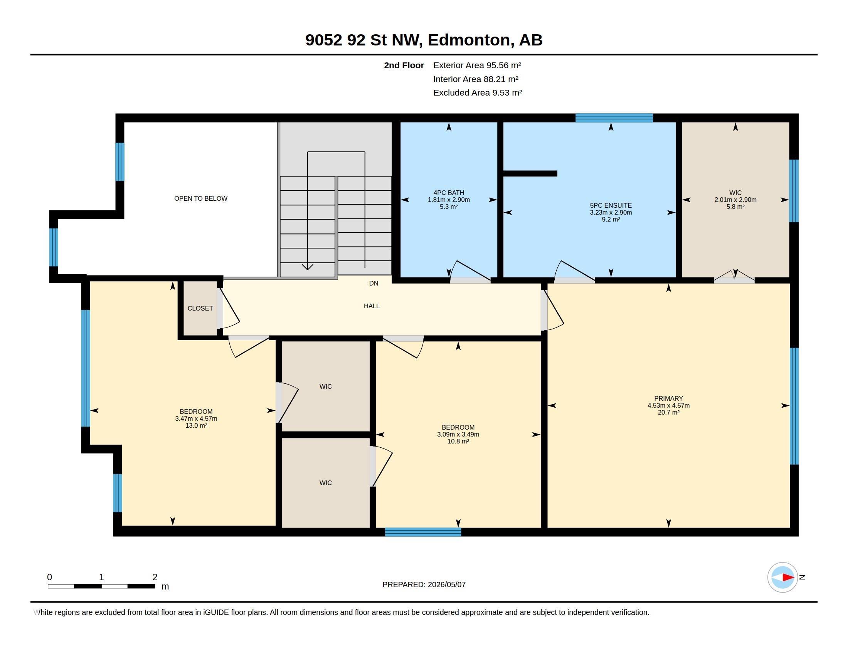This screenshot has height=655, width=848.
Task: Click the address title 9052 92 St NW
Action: [x=363, y=40]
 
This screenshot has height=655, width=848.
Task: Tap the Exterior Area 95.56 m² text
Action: [x=477, y=65]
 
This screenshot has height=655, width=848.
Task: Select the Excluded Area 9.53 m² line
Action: [x=478, y=93]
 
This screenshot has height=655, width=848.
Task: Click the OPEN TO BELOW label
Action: [x=201, y=199]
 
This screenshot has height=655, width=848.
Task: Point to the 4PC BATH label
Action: [x=449, y=193]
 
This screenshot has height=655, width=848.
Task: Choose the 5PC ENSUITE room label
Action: [x=611, y=206]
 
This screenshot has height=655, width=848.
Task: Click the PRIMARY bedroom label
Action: [x=668, y=398]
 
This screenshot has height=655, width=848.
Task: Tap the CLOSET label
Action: [x=200, y=309]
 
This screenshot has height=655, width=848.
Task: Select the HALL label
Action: [x=372, y=306]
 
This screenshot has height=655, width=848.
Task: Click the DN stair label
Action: [x=374, y=284]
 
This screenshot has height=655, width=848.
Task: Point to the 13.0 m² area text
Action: [x=196, y=426]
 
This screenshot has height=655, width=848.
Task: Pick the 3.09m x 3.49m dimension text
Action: [x=458, y=435]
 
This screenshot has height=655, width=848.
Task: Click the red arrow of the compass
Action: [x=788, y=578]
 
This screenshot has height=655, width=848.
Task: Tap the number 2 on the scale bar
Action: [x=155, y=577]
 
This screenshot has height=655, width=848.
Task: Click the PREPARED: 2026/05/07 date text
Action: [x=424, y=585]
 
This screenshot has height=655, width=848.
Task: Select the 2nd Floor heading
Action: [x=404, y=65]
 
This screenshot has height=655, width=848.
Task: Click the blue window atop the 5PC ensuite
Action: [x=614, y=118]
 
